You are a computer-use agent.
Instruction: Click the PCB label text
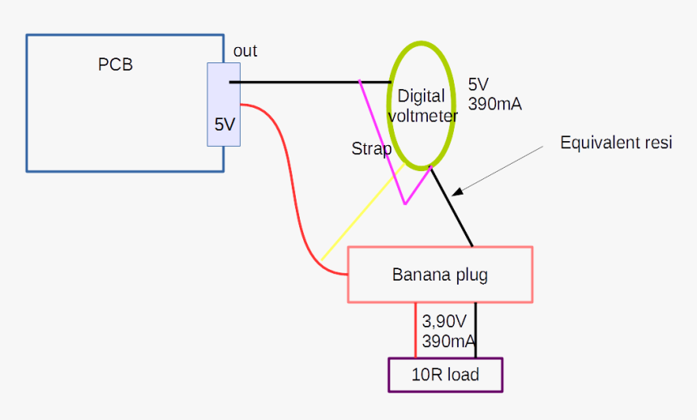pyautogui.click(x=115, y=65)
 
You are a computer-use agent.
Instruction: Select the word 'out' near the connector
pyautogui.click(x=245, y=51)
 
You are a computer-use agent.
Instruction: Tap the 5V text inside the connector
pyautogui.click(x=224, y=125)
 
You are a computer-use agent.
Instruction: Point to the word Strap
pyautogui.click(x=371, y=149)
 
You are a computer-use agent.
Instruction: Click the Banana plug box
pyautogui.click(x=440, y=275)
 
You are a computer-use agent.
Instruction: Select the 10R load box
pyautogui.click(x=446, y=375)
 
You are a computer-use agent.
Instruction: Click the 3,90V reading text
pyautogui.click(x=445, y=321)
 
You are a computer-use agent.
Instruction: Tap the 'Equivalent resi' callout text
pyautogui.click(x=617, y=144)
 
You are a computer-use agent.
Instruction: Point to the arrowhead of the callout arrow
pyautogui.click(x=456, y=192)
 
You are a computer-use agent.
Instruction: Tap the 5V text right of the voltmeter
pyautogui.click(x=479, y=85)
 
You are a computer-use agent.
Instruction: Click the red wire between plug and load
pyautogui.click(x=416, y=331)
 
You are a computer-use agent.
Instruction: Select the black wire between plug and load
pyautogui.click(x=476, y=331)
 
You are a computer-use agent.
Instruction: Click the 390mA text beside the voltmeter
pyautogui.click(x=494, y=105)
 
